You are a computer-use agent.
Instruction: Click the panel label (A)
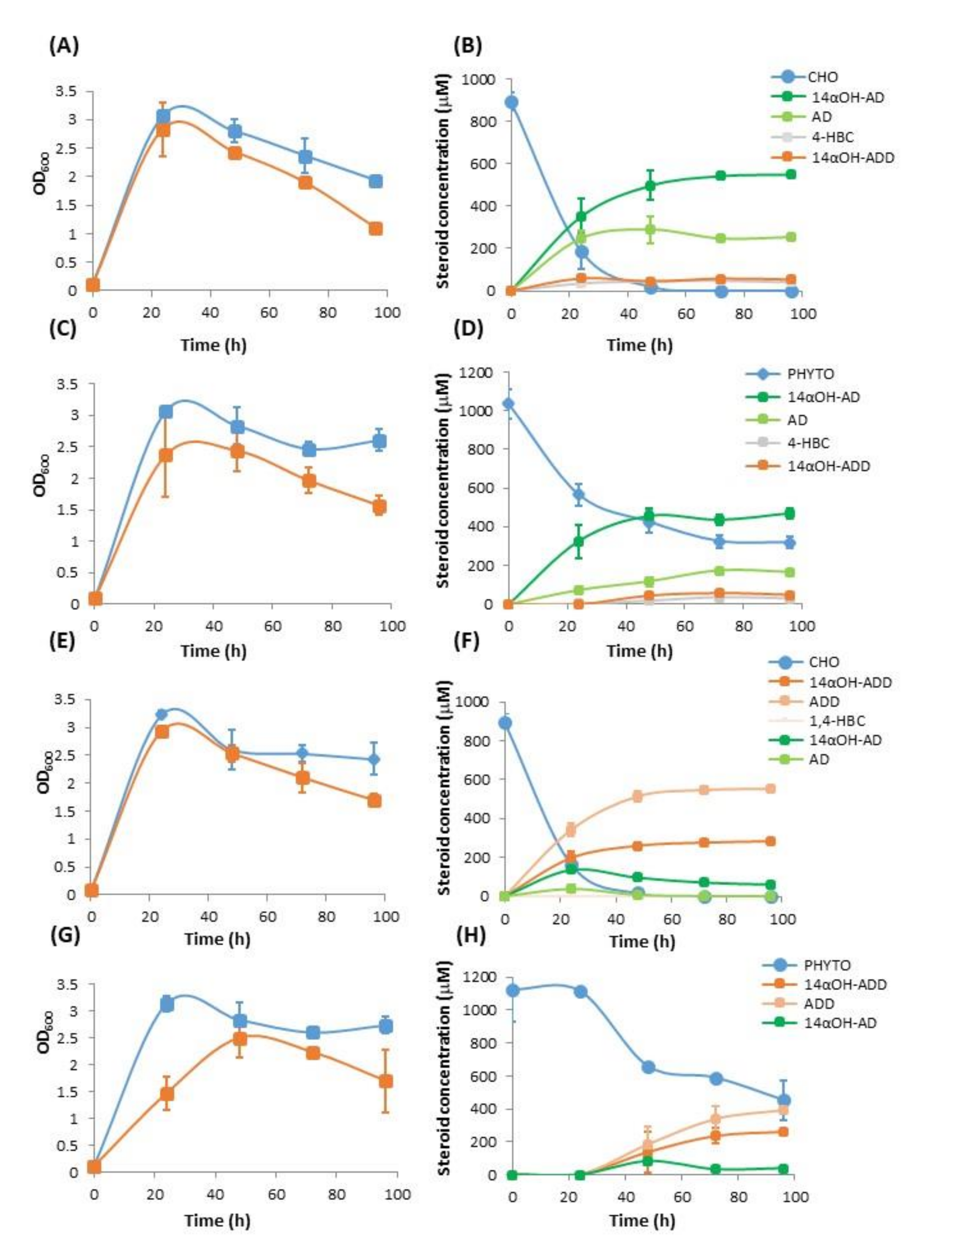click(x=64, y=46)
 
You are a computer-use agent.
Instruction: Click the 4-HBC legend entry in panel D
click(x=808, y=443)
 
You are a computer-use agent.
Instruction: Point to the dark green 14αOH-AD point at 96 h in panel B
click(x=791, y=174)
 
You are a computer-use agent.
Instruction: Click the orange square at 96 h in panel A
click(x=375, y=229)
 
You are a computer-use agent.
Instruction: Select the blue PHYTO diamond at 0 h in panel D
click(x=508, y=404)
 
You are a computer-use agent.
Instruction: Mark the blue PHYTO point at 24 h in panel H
click(x=581, y=992)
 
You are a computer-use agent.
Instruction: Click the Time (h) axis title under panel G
click(x=217, y=1220)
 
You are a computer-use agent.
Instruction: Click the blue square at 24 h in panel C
click(x=166, y=412)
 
